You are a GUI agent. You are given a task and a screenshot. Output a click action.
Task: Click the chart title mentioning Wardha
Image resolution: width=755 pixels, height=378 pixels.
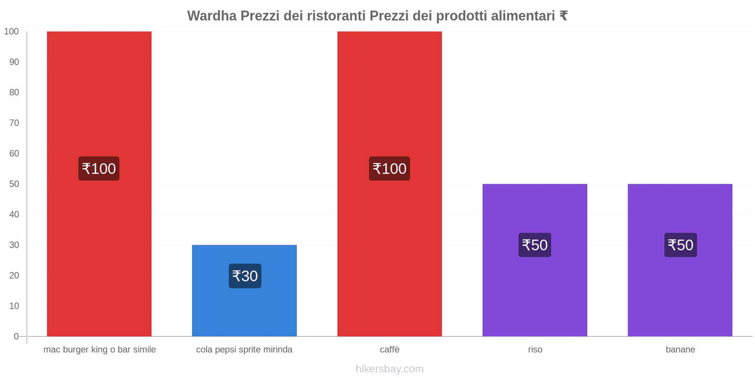(377, 16)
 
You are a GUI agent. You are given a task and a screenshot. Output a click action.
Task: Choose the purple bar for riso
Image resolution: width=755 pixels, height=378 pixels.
(535, 293)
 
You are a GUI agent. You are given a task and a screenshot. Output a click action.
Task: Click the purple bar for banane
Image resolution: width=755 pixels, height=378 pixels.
(680, 293)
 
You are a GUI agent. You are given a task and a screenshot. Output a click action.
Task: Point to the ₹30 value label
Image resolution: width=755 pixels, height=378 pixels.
(245, 276)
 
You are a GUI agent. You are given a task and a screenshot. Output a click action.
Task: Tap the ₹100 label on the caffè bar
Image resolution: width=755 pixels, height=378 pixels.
(389, 169)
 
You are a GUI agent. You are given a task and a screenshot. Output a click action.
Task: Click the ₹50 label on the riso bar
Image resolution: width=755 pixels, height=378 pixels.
(535, 245)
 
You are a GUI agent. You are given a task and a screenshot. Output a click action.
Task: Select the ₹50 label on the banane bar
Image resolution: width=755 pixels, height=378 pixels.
(680, 245)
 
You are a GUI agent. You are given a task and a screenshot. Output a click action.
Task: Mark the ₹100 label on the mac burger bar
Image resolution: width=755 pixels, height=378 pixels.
(99, 169)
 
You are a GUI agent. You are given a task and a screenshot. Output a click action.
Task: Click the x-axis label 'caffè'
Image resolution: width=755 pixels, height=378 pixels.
(390, 350)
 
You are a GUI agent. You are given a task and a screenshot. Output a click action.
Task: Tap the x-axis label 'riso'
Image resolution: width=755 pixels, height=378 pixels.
(535, 350)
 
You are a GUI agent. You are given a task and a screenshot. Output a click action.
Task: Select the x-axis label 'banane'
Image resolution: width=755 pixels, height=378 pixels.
(680, 350)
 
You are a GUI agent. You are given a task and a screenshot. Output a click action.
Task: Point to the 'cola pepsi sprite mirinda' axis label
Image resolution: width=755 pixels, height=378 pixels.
(244, 350)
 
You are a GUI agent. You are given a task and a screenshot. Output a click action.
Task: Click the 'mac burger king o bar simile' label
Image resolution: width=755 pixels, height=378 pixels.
(100, 350)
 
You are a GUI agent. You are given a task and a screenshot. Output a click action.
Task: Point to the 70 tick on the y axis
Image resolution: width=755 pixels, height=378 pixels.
(14, 123)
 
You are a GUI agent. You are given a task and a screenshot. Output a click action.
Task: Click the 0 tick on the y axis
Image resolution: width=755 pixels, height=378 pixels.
(17, 336)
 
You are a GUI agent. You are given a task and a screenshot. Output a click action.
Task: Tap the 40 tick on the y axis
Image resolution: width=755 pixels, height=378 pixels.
(14, 215)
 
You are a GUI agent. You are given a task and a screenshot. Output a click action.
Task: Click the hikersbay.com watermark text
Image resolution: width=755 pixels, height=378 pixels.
(390, 369)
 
